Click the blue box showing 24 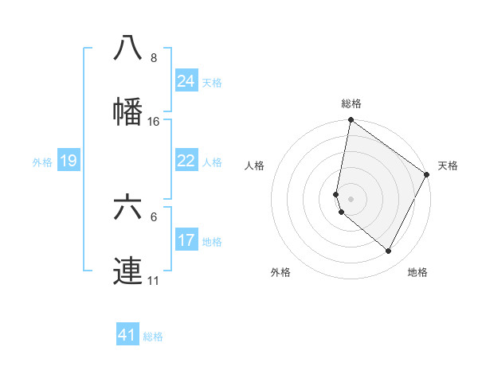[x=186, y=81]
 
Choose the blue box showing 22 [x=186, y=161]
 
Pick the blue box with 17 [x=186, y=240]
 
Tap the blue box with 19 [x=68, y=161]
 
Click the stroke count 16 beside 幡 [x=154, y=122]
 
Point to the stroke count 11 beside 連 [x=154, y=281]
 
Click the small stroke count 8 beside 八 [x=154, y=58]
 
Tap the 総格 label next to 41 [x=153, y=337]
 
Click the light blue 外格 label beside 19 [x=42, y=162]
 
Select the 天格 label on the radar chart [x=448, y=166]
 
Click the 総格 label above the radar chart [x=351, y=103]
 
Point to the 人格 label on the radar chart [x=255, y=166]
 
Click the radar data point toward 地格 [x=389, y=251]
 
